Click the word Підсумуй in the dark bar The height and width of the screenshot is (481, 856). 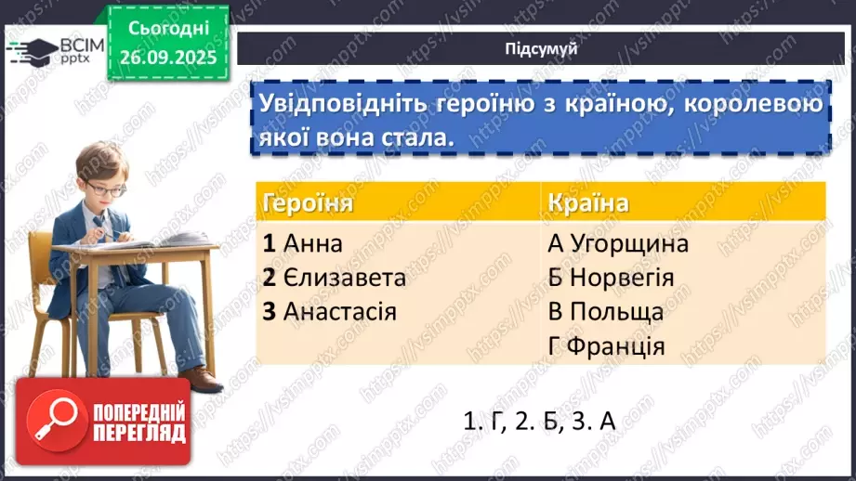click(x=541, y=49)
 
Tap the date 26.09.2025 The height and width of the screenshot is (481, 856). click(x=166, y=56)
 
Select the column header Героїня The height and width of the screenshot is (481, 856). click(x=308, y=203)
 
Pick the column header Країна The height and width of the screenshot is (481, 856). click(x=587, y=203)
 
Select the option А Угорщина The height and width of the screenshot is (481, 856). click(x=618, y=244)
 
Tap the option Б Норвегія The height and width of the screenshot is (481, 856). click(x=611, y=278)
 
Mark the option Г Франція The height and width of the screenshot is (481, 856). click(x=606, y=346)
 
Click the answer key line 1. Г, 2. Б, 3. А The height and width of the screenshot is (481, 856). click(x=539, y=420)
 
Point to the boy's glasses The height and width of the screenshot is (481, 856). click(x=107, y=190)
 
